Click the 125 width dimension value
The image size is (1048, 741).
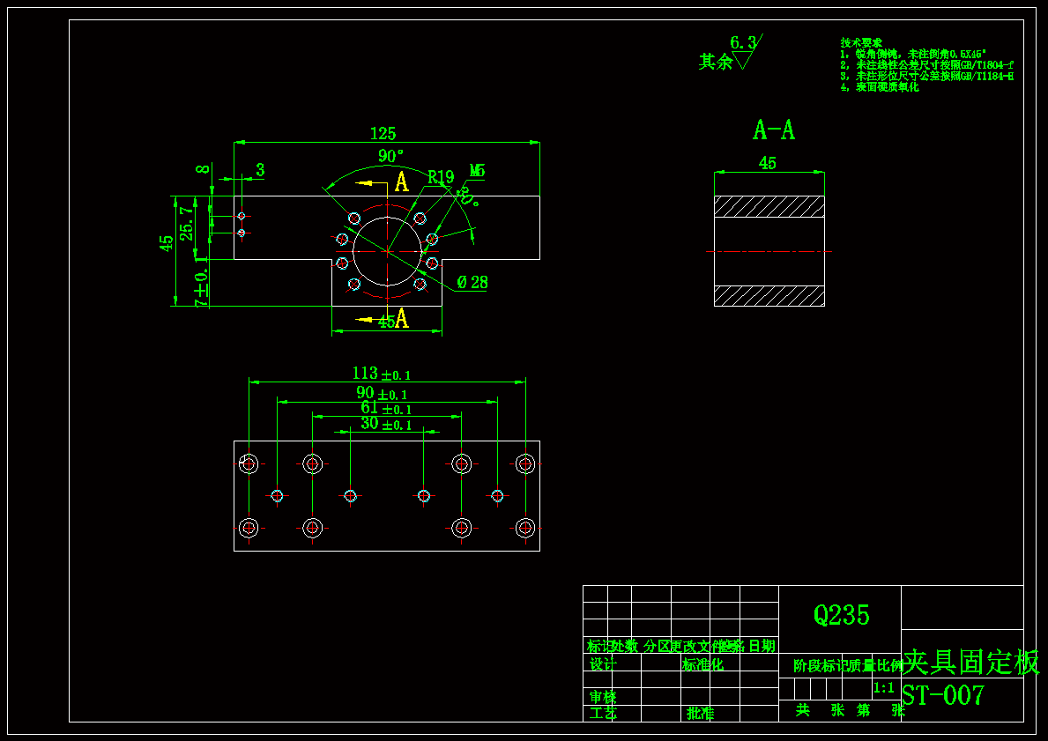tap(383, 134)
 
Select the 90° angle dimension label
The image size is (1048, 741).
tap(390, 156)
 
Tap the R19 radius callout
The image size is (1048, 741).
tap(440, 177)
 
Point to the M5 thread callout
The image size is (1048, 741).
tap(477, 170)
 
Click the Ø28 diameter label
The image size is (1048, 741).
tap(472, 283)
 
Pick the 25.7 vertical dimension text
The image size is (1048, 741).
tap(187, 223)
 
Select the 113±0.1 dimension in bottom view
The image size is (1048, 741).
tap(381, 374)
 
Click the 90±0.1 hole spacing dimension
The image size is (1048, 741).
tap(381, 393)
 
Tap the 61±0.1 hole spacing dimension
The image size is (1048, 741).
tap(385, 408)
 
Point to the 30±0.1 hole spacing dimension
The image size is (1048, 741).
tap(385, 424)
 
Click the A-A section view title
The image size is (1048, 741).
tap(773, 130)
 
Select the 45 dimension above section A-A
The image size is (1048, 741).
tap(768, 163)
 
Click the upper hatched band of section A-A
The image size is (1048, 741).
tap(769, 206)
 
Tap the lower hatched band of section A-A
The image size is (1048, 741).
tap(769, 295)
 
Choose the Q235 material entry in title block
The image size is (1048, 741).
tap(841, 615)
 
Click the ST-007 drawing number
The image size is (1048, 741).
tap(942, 695)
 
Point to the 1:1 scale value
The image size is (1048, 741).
tap(883, 687)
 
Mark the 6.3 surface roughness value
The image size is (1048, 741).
tap(743, 42)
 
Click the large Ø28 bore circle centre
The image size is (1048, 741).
tap(387, 251)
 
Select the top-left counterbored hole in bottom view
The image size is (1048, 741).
tap(249, 463)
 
